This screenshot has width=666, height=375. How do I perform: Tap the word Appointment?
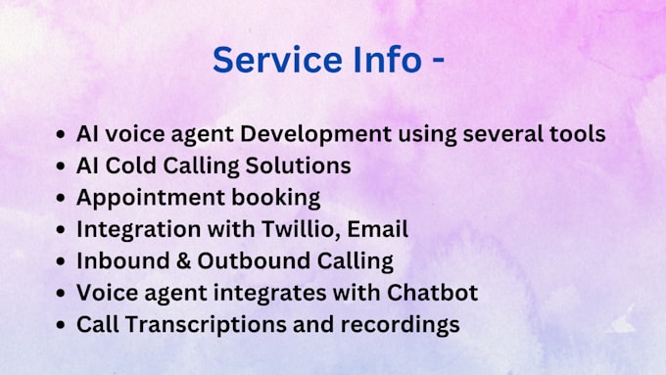[x=145, y=197]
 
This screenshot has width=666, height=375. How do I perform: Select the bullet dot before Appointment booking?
[x=63, y=198]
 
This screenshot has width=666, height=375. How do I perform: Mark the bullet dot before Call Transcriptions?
[x=63, y=324]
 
